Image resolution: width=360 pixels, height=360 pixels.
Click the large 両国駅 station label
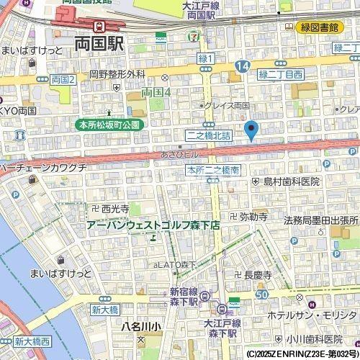99,43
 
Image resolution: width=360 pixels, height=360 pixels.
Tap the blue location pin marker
251,131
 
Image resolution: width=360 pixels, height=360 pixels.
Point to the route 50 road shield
261,294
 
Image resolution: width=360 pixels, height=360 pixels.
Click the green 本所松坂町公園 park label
111,125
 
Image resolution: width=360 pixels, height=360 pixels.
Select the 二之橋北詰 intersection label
210,135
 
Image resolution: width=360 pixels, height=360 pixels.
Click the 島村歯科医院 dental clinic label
290,181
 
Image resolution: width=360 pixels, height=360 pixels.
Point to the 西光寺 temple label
115,208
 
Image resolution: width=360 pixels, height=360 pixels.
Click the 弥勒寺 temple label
253,216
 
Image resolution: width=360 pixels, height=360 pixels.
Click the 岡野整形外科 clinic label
117,74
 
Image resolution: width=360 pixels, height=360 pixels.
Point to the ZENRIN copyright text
301,354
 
